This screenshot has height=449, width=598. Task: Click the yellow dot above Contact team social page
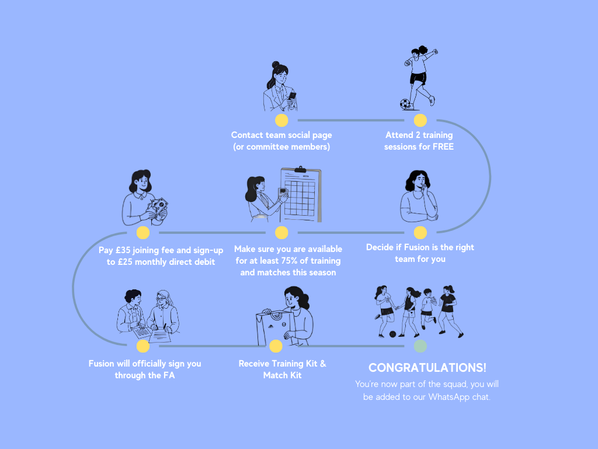[281, 120]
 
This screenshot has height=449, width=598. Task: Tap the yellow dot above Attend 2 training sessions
[420, 120]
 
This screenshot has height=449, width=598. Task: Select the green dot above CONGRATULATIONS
[420, 346]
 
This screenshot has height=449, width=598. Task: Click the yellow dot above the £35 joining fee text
[143, 233]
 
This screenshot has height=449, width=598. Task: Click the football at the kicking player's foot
[405, 104]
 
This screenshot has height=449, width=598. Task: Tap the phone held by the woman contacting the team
[293, 95]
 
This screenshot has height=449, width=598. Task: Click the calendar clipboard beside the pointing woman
[301, 194]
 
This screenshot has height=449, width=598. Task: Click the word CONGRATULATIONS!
[427, 368]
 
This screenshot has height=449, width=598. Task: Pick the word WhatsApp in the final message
[449, 398]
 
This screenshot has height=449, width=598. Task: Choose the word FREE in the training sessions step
[443, 147]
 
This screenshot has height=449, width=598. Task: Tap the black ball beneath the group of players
[392, 334]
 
